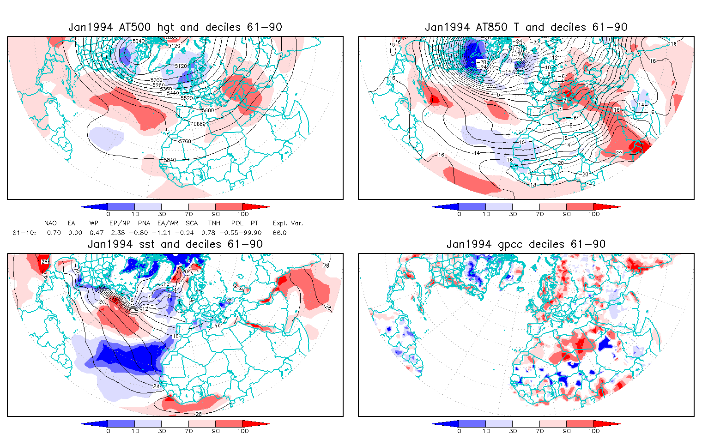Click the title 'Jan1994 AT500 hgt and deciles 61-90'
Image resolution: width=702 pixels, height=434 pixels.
(x=175, y=27)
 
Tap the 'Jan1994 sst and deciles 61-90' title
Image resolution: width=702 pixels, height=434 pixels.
(x=175, y=244)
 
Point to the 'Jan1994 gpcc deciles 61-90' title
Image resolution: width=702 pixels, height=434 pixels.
(x=526, y=244)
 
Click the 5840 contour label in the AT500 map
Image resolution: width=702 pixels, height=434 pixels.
(x=170, y=160)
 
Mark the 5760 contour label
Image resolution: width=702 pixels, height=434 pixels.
(x=185, y=141)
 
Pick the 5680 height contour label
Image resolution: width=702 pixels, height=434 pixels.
(x=200, y=124)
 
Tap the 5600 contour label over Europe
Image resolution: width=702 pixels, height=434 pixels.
(x=208, y=110)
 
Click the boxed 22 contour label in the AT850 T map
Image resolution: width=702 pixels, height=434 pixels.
(x=619, y=153)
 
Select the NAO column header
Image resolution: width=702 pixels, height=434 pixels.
(x=50, y=223)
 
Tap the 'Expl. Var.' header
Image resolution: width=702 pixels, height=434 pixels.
(x=288, y=223)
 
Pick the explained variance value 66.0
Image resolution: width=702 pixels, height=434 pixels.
(x=279, y=233)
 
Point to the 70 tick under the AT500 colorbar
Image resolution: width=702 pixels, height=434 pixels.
(x=188, y=214)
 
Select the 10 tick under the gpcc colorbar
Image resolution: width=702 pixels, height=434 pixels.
(x=486, y=431)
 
